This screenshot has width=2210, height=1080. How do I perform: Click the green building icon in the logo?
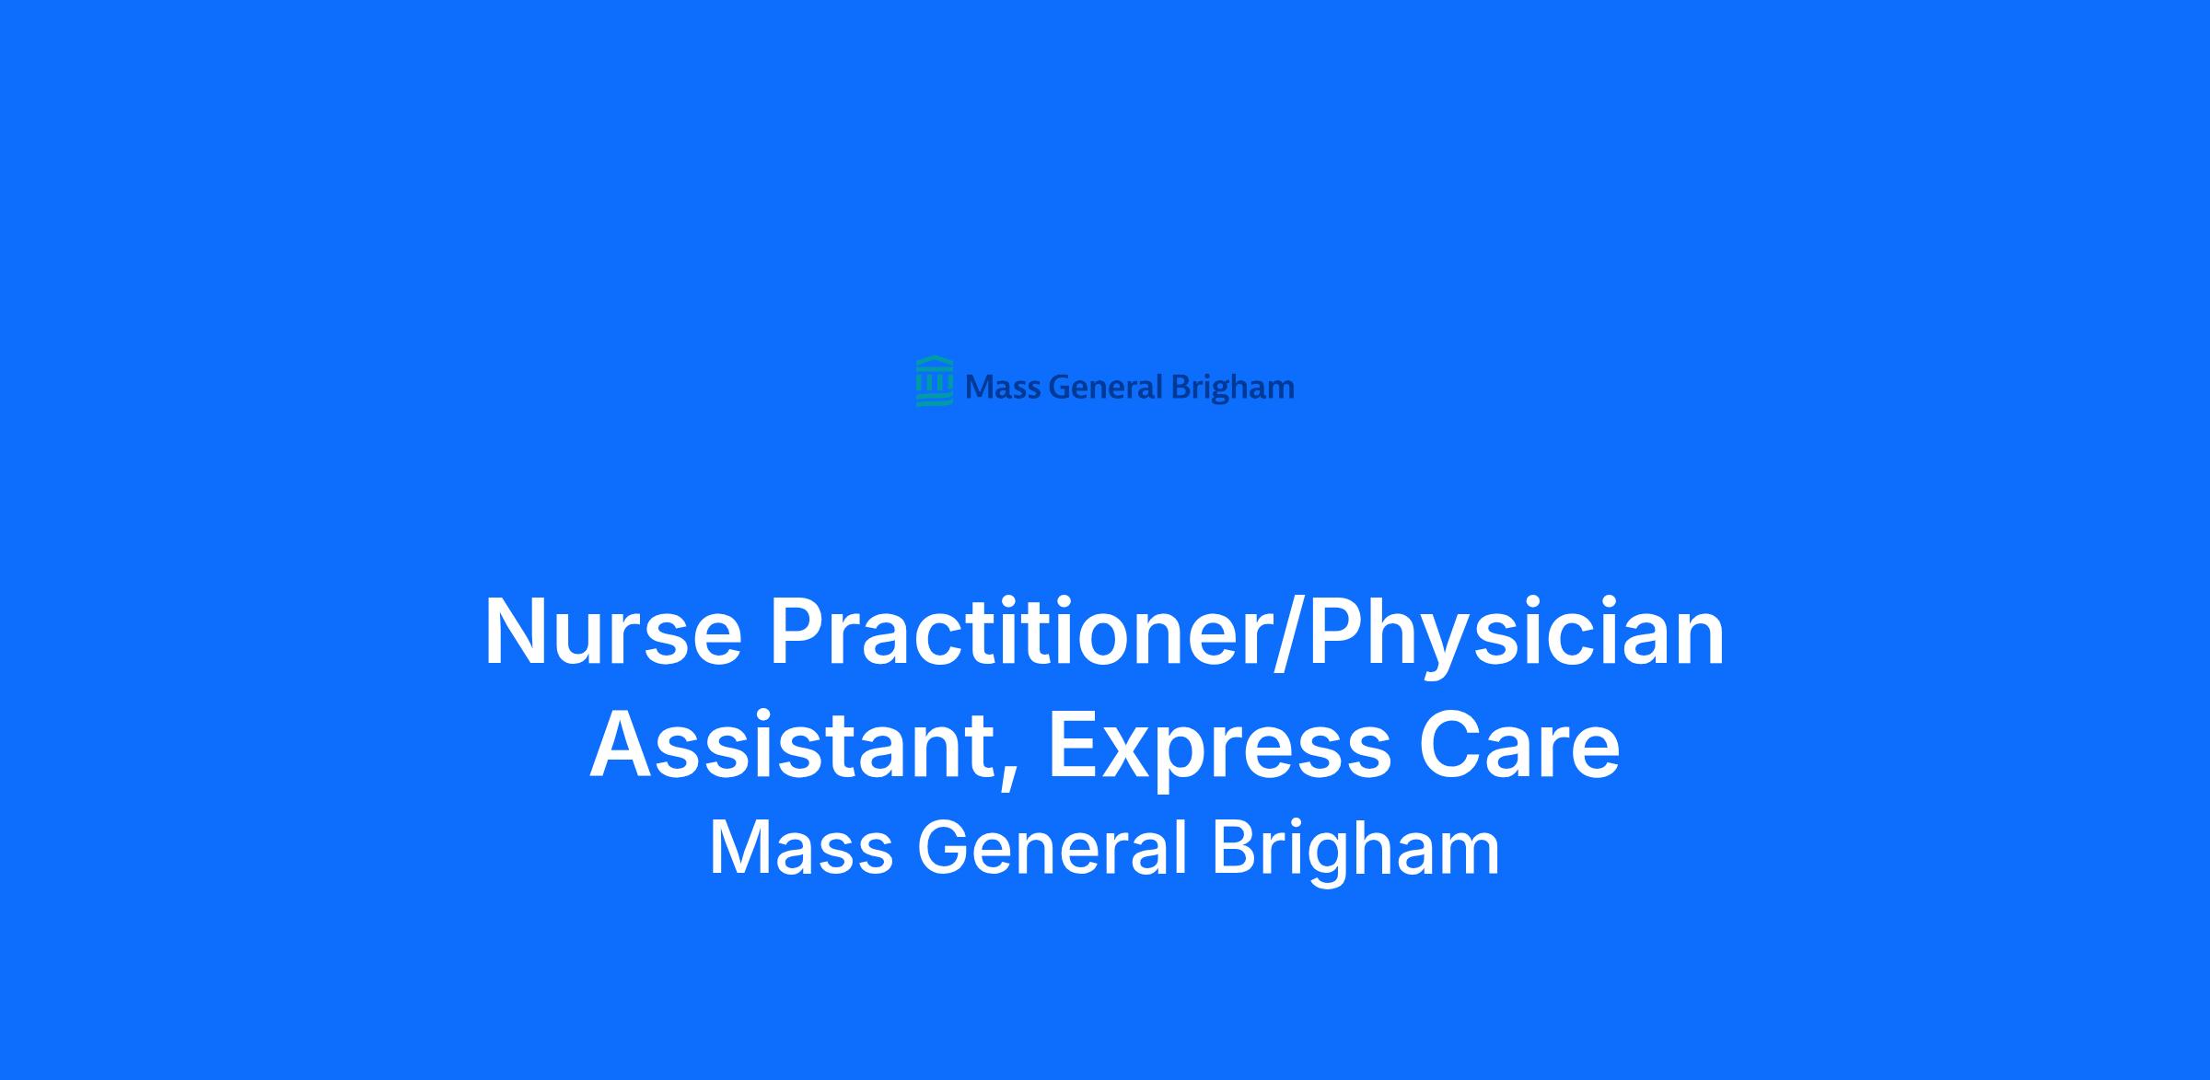tap(935, 381)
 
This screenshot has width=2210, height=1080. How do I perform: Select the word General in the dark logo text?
tap(1106, 388)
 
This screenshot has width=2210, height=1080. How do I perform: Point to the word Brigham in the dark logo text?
tap(1232, 389)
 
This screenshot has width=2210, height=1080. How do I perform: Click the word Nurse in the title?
tap(613, 633)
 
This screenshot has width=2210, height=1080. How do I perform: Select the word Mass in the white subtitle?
tap(801, 848)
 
